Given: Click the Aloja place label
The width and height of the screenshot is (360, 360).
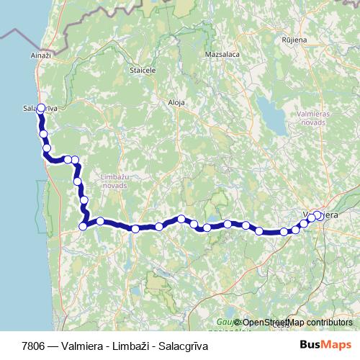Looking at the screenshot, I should pyautogui.click(x=176, y=103).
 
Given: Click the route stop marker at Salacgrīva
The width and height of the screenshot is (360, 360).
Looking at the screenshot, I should pyautogui.click(x=40, y=109).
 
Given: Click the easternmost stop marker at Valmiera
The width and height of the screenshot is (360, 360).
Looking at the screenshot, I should pyautogui.click(x=318, y=215).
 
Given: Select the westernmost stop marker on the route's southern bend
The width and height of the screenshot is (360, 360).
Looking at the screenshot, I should pyautogui.click(x=83, y=226).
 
